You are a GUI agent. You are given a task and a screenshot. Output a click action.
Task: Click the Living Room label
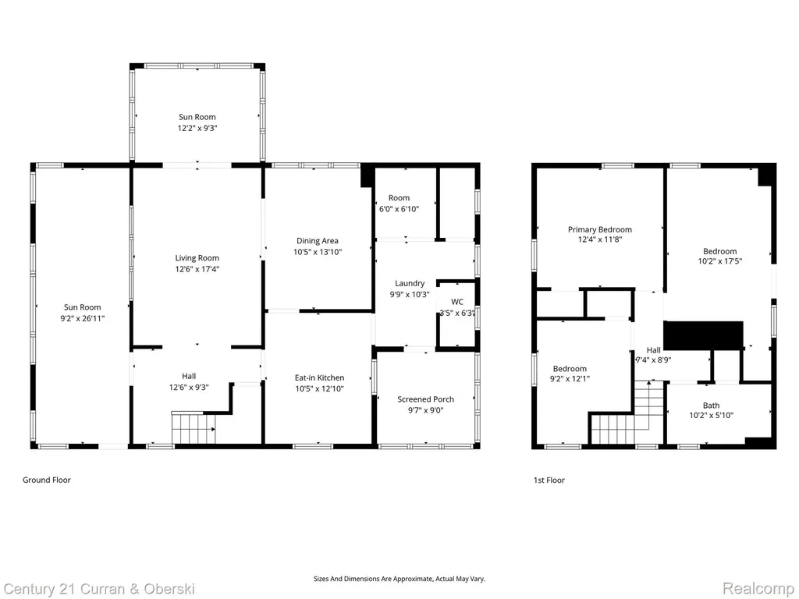[197, 258]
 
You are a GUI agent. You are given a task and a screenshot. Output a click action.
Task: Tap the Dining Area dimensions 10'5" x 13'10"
[317, 252]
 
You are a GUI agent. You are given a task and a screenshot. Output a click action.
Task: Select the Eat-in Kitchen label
[319, 378]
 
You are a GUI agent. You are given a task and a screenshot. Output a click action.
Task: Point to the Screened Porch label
[425, 399]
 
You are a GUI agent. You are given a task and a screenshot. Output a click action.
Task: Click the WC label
[457, 302]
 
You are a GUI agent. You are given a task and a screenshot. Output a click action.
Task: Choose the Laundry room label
[410, 284]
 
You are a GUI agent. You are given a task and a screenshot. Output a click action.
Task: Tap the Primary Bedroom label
[600, 230]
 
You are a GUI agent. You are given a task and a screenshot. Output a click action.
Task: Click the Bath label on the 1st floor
[712, 406]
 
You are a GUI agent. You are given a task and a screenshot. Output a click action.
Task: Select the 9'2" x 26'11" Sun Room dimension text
[82, 319]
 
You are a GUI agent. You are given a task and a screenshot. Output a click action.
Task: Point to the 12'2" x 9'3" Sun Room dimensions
[197, 129]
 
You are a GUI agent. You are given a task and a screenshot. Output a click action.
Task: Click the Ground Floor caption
[46, 480]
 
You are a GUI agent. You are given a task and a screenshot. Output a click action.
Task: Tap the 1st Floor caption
[549, 480]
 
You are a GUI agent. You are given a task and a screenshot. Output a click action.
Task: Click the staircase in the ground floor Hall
[194, 428]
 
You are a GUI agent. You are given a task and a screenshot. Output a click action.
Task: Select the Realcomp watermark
[758, 589]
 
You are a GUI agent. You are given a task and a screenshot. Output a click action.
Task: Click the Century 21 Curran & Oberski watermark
[99, 590]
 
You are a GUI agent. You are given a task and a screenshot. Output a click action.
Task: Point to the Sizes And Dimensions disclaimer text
[399, 579]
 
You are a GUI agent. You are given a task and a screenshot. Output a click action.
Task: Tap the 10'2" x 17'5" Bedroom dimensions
[719, 261]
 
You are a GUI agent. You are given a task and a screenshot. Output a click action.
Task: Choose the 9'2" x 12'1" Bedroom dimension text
[570, 379]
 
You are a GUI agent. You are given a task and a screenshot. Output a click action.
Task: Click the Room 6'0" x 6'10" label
[399, 204]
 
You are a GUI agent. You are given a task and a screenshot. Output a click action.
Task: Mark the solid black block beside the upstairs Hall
[703, 335]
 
